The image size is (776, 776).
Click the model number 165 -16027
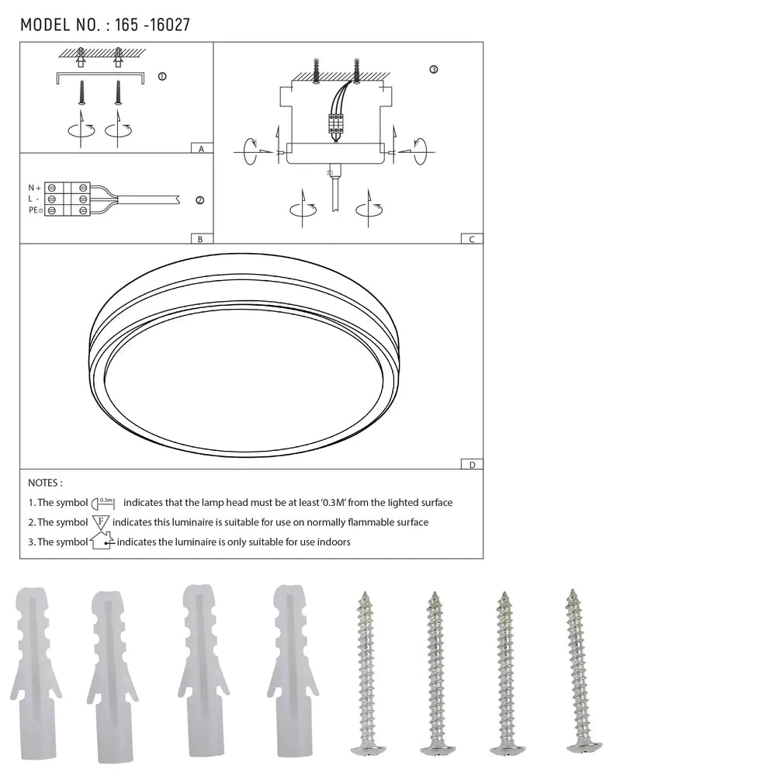[x=152, y=25]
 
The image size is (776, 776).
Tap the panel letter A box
[x=201, y=148]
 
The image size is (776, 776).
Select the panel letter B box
[x=201, y=239]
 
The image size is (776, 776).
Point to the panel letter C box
[x=471, y=239]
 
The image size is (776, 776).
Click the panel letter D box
[x=471, y=464]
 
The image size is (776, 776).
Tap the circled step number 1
[x=161, y=77]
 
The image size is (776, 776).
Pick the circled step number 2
[x=199, y=200]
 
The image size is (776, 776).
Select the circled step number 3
[x=433, y=70]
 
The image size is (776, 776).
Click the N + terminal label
[x=34, y=188]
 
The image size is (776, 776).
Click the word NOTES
[x=44, y=483]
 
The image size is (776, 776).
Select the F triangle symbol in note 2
[x=101, y=522]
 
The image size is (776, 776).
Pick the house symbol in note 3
[x=102, y=541]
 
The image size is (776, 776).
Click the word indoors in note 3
[x=333, y=542]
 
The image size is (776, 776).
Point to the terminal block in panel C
[x=336, y=123]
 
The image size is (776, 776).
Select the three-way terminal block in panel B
[x=68, y=199]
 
